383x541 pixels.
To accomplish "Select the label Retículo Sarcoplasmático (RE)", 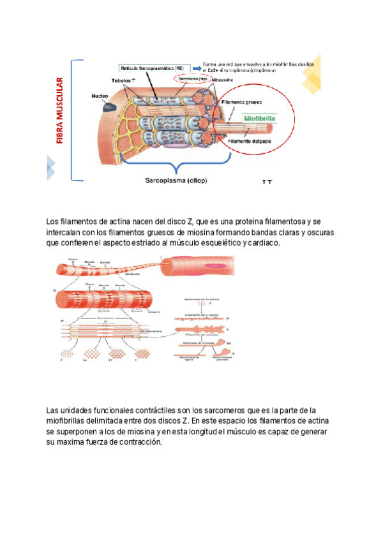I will [x=151, y=68].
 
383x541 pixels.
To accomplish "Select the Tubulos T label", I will [x=123, y=82].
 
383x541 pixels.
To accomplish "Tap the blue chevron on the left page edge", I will [x=50, y=168].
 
